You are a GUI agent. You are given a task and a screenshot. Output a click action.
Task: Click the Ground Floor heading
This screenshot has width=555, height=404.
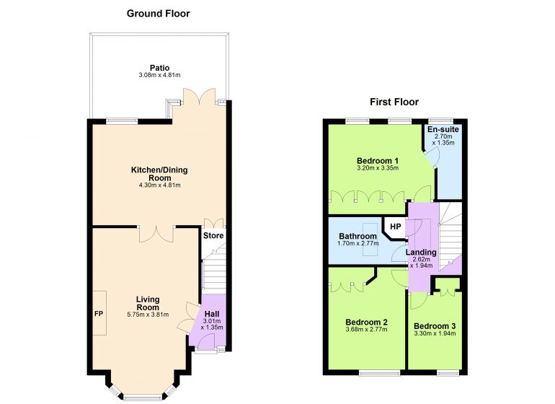(x=159, y=14)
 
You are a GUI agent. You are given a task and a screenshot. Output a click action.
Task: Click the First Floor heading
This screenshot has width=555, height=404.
(x=394, y=102)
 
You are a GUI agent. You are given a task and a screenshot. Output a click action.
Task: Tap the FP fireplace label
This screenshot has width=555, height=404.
(x=99, y=314)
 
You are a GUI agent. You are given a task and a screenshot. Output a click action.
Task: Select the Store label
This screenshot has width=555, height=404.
(x=213, y=236)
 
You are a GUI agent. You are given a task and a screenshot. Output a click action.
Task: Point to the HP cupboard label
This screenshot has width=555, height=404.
(x=396, y=227)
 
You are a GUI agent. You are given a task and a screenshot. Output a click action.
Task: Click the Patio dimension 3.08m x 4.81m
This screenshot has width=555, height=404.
(x=159, y=75)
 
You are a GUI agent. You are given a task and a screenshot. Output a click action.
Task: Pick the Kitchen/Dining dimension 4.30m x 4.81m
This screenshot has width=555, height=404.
(x=159, y=185)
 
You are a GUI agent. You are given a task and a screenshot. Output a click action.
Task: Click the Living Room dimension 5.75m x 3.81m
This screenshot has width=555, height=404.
(x=148, y=315)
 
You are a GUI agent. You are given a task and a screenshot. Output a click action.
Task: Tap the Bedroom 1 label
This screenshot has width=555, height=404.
(x=378, y=161)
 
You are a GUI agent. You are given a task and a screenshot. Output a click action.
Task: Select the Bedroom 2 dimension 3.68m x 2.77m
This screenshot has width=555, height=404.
(x=366, y=330)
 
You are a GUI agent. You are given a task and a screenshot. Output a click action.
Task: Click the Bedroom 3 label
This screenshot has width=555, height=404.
(x=435, y=326)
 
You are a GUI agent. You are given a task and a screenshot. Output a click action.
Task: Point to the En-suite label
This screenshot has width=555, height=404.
(x=443, y=129)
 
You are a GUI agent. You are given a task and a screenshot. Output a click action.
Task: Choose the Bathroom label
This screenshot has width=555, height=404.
(x=358, y=236)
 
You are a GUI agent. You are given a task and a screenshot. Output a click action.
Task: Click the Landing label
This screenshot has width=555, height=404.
(x=421, y=252)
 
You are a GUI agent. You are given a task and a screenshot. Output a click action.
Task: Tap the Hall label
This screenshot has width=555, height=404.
(x=212, y=314)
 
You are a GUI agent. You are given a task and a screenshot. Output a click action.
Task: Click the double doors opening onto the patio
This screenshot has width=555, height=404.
(x=199, y=97)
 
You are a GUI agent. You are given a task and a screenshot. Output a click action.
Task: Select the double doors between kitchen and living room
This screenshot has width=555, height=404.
(x=156, y=234)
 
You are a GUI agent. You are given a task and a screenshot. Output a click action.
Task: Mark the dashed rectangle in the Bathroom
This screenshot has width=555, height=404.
(x=370, y=239)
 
